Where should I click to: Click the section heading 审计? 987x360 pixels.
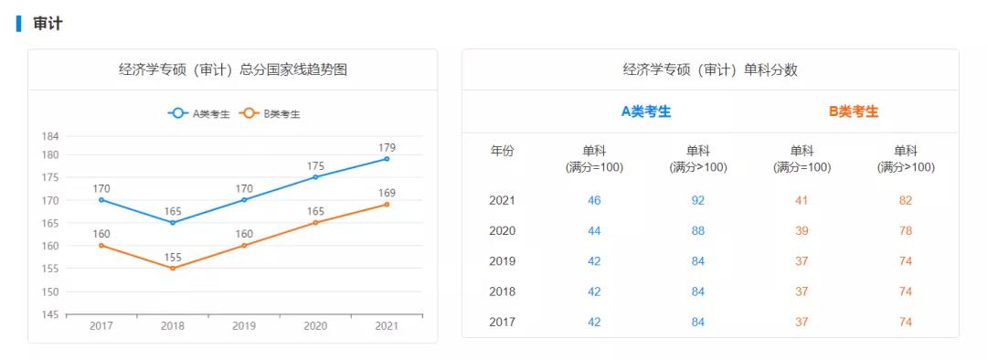click(48, 24)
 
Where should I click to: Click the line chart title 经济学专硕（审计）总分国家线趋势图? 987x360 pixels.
click(232, 69)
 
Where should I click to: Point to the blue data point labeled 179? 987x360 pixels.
click(387, 159)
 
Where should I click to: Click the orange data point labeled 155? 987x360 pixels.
click(172, 268)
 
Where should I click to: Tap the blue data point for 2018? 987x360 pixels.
click(172, 222)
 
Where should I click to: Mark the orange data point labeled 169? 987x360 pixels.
click(387, 204)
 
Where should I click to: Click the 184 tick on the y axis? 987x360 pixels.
click(49, 136)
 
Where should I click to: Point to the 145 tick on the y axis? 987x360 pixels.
click(49, 314)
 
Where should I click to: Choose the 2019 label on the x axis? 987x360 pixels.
click(244, 326)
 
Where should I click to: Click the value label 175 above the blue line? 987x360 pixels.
click(315, 166)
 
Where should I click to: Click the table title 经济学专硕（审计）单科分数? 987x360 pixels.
click(710, 69)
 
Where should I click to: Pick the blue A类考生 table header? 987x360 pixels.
click(646, 111)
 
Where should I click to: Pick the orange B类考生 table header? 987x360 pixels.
click(854, 111)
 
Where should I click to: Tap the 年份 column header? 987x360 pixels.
click(502, 152)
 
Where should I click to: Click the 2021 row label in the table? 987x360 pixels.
click(502, 200)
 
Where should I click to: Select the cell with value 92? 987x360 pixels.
click(698, 200)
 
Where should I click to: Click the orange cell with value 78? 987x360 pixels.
click(905, 230)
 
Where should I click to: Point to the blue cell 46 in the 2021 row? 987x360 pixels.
click(594, 200)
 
